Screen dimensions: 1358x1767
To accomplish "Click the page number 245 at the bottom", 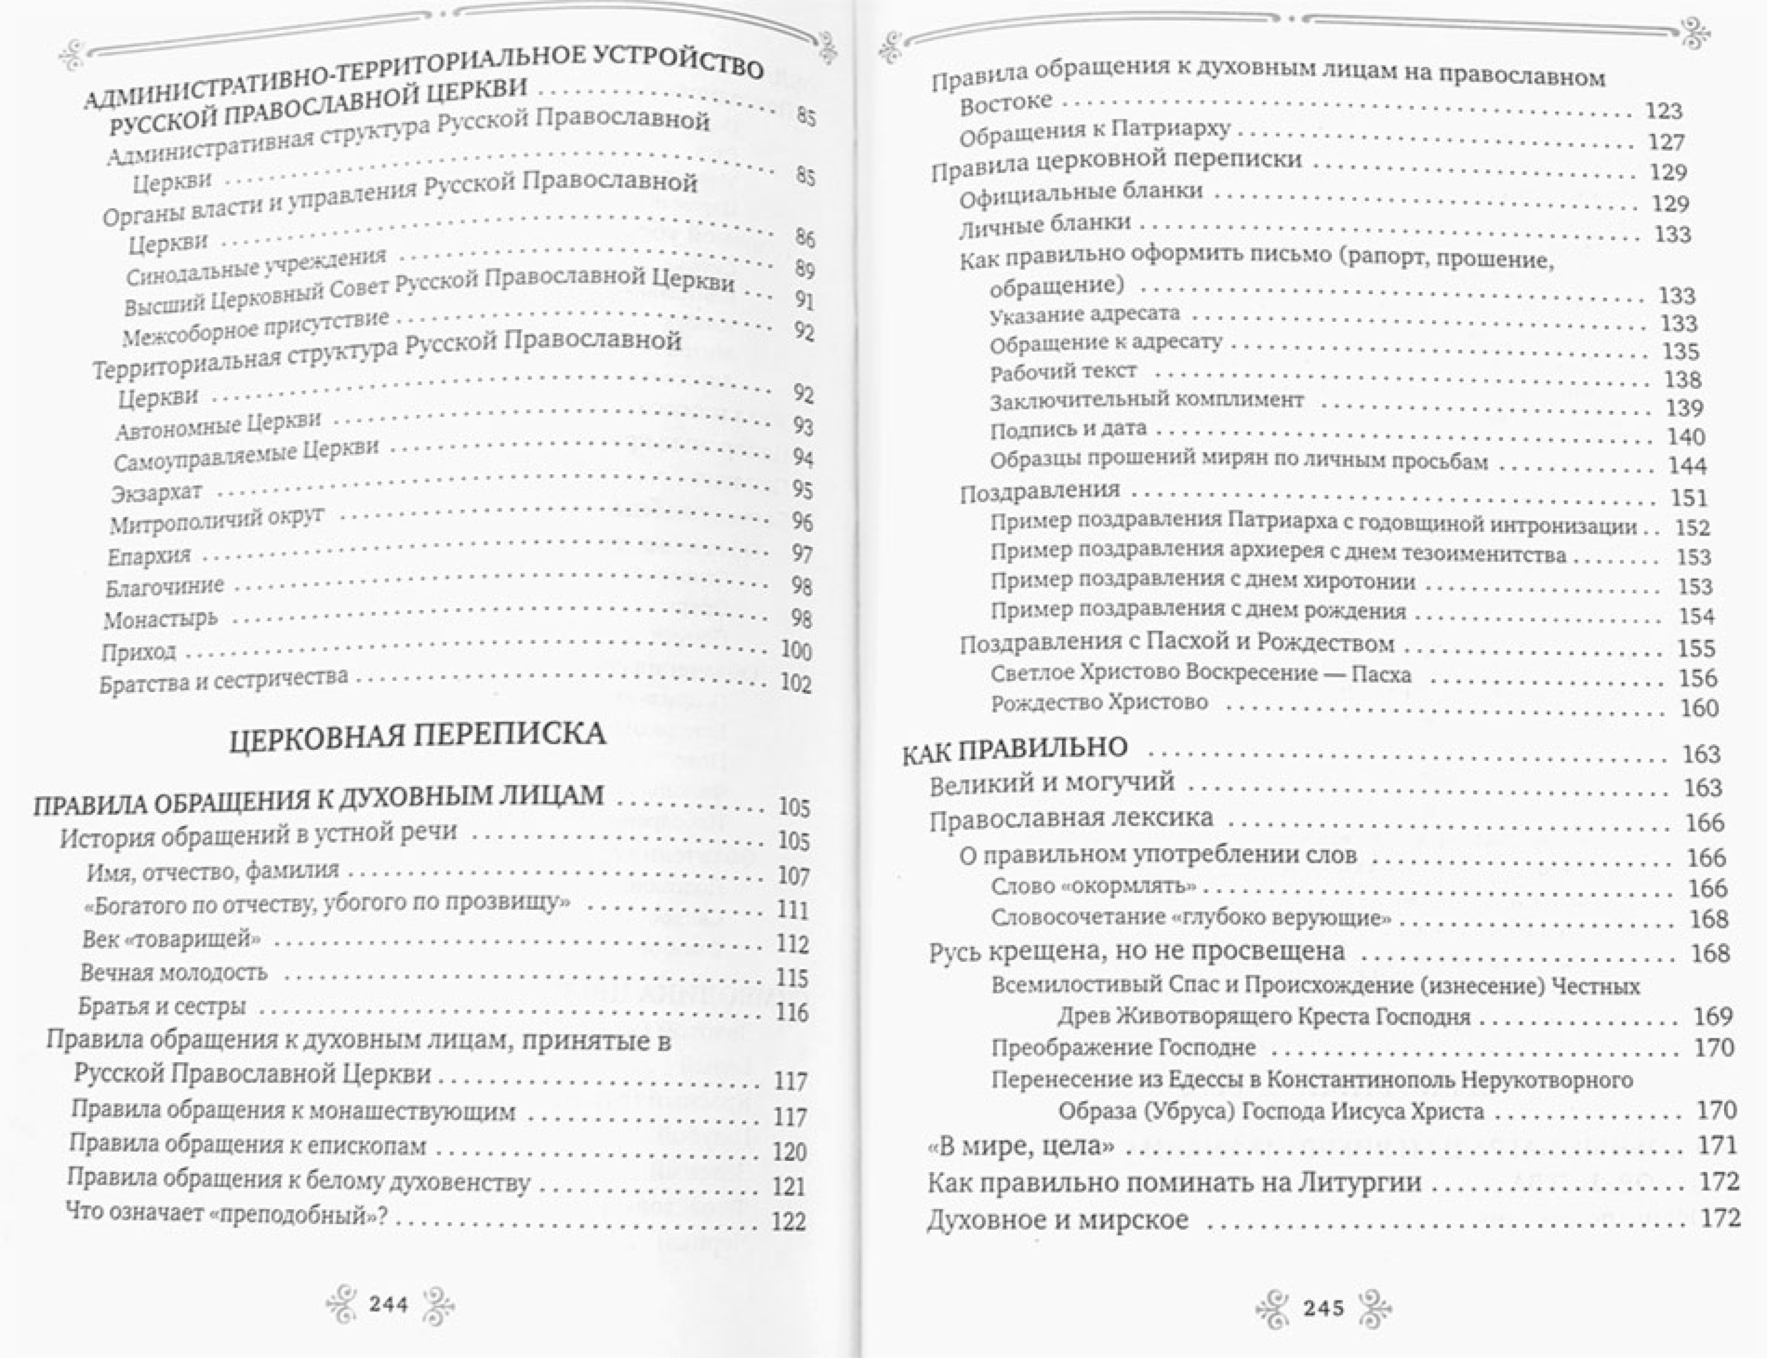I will (1323, 1307).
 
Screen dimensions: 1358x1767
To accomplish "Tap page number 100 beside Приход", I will (796, 651).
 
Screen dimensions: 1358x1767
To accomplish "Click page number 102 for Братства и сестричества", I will (795, 683).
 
